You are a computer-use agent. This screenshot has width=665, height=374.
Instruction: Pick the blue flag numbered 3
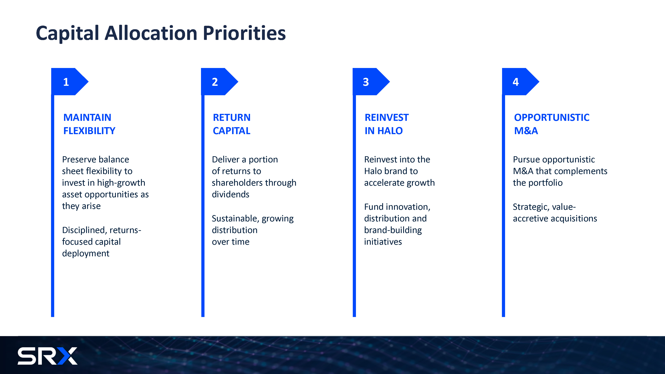(371, 82)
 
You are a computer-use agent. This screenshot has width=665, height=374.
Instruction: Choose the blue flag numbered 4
(520, 82)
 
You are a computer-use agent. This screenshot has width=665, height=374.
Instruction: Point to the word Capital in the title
(67, 33)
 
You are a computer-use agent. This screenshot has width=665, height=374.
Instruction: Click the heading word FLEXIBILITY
(89, 131)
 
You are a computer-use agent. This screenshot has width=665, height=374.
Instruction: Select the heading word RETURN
(232, 118)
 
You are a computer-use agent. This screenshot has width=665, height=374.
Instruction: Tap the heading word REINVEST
(387, 118)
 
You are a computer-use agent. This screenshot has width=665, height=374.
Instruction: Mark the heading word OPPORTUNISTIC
(552, 118)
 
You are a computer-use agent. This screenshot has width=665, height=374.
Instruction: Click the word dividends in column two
(231, 194)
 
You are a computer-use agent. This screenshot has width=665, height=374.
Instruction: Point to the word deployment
(86, 253)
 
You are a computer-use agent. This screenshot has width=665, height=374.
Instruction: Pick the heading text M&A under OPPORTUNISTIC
(526, 131)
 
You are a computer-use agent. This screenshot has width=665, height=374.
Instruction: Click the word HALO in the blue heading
(390, 131)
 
